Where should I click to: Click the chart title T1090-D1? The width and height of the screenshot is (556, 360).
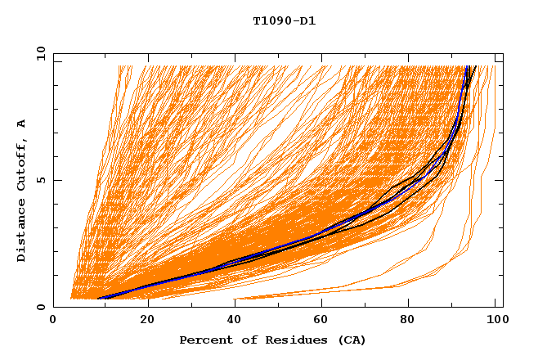(x=284, y=20)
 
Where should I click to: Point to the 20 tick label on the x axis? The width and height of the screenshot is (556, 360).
(x=147, y=320)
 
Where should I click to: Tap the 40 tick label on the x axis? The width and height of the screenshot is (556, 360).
(x=235, y=320)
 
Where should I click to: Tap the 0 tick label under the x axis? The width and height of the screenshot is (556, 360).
(x=54, y=320)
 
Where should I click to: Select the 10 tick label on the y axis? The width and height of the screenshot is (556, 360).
(x=38, y=54)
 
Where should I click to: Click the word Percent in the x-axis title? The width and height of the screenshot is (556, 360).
(x=203, y=340)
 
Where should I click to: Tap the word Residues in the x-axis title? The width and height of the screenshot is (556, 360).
(x=284, y=340)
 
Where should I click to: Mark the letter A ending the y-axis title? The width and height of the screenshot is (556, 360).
(x=21, y=123)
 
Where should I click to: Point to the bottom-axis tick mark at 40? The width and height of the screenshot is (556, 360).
(x=235, y=304)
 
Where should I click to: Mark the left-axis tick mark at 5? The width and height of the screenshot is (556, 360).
(x=56, y=180)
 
